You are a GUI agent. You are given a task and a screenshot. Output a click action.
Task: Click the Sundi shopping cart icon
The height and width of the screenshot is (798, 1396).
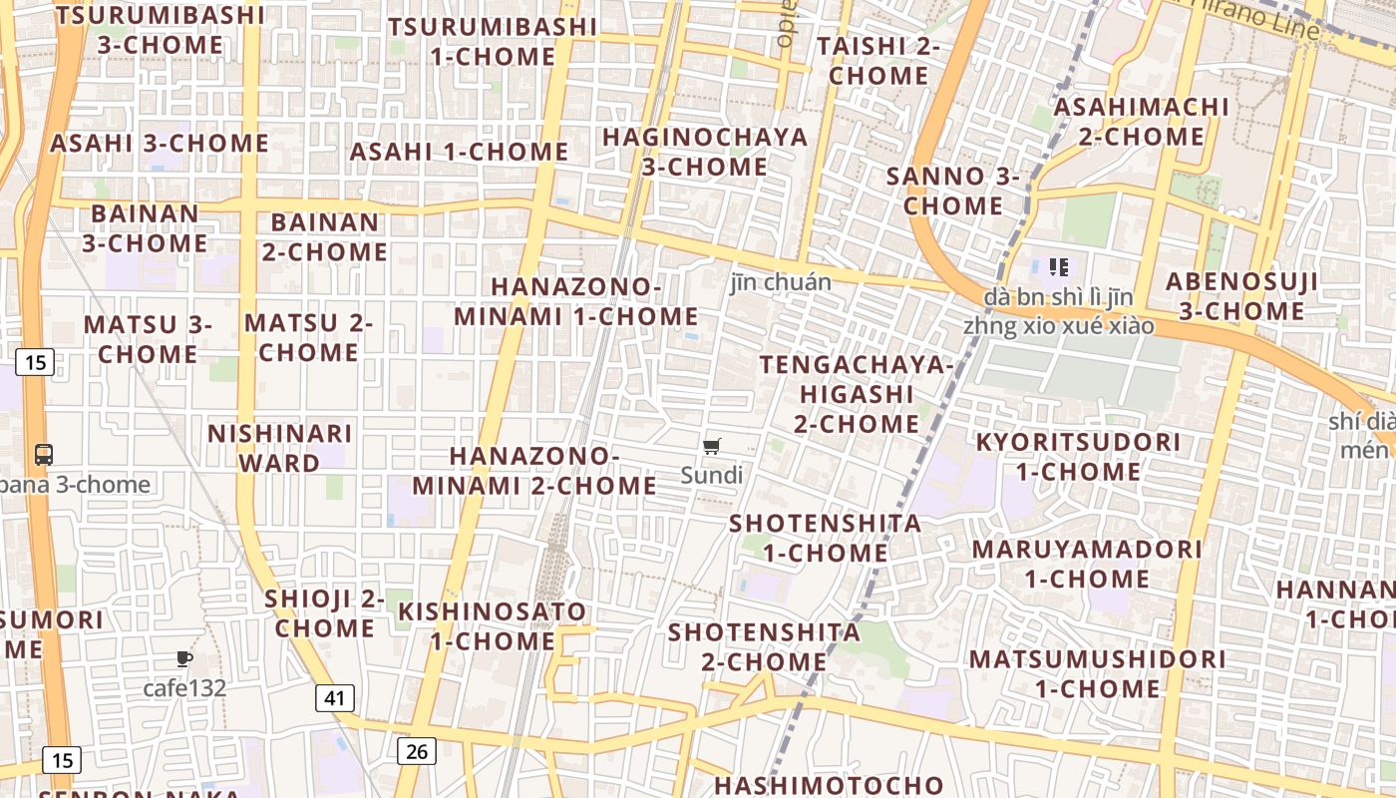(711, 447)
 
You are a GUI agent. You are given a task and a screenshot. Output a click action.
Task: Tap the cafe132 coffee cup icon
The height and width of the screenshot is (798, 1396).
(183, 658)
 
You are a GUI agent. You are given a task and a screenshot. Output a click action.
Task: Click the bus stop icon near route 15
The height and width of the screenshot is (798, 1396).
(43, 455)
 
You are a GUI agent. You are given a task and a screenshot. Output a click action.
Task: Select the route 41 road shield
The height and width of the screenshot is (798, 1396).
(335, 697)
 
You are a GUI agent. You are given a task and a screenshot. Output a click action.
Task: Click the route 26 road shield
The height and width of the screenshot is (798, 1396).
(416, 751)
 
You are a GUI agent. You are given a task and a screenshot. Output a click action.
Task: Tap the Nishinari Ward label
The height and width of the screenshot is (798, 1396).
(279, 448)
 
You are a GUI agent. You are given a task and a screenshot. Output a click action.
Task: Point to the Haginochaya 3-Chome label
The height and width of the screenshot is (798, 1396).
(705, 152)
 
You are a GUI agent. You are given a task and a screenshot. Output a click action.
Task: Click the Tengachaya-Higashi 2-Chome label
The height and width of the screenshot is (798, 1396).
(857, 394)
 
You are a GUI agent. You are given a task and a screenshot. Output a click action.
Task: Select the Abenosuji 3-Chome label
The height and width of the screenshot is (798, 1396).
(1241, 296)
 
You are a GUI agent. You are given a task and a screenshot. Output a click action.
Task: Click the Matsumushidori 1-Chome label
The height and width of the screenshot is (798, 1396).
(1097, 673)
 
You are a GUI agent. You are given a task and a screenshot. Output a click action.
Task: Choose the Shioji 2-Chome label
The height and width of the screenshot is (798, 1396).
(325, 613)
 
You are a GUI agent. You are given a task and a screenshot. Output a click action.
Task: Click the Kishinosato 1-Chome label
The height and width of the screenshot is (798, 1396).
(493, 625)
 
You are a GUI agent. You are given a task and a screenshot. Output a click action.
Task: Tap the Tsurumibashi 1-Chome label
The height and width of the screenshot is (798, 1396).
(493, 41)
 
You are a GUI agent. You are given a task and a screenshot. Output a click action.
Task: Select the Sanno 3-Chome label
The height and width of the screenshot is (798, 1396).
(952, 191)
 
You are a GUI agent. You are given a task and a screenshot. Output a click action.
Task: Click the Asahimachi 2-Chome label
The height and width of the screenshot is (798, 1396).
(1142, 121)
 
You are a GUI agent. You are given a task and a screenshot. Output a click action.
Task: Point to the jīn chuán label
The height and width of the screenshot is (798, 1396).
(780, 282)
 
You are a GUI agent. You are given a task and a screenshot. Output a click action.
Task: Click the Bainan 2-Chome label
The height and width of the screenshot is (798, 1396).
(325, 236)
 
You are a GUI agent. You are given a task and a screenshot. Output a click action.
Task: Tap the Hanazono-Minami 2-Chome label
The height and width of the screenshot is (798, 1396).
(534, 471)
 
